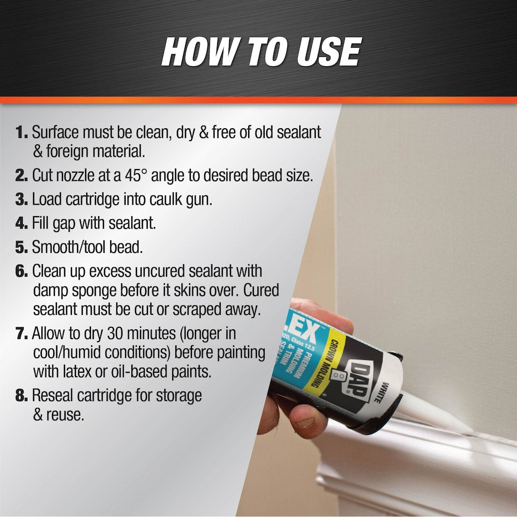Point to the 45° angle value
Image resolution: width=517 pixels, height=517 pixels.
coord(148,175)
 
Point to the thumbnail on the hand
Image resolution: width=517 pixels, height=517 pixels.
coord(304,421)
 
